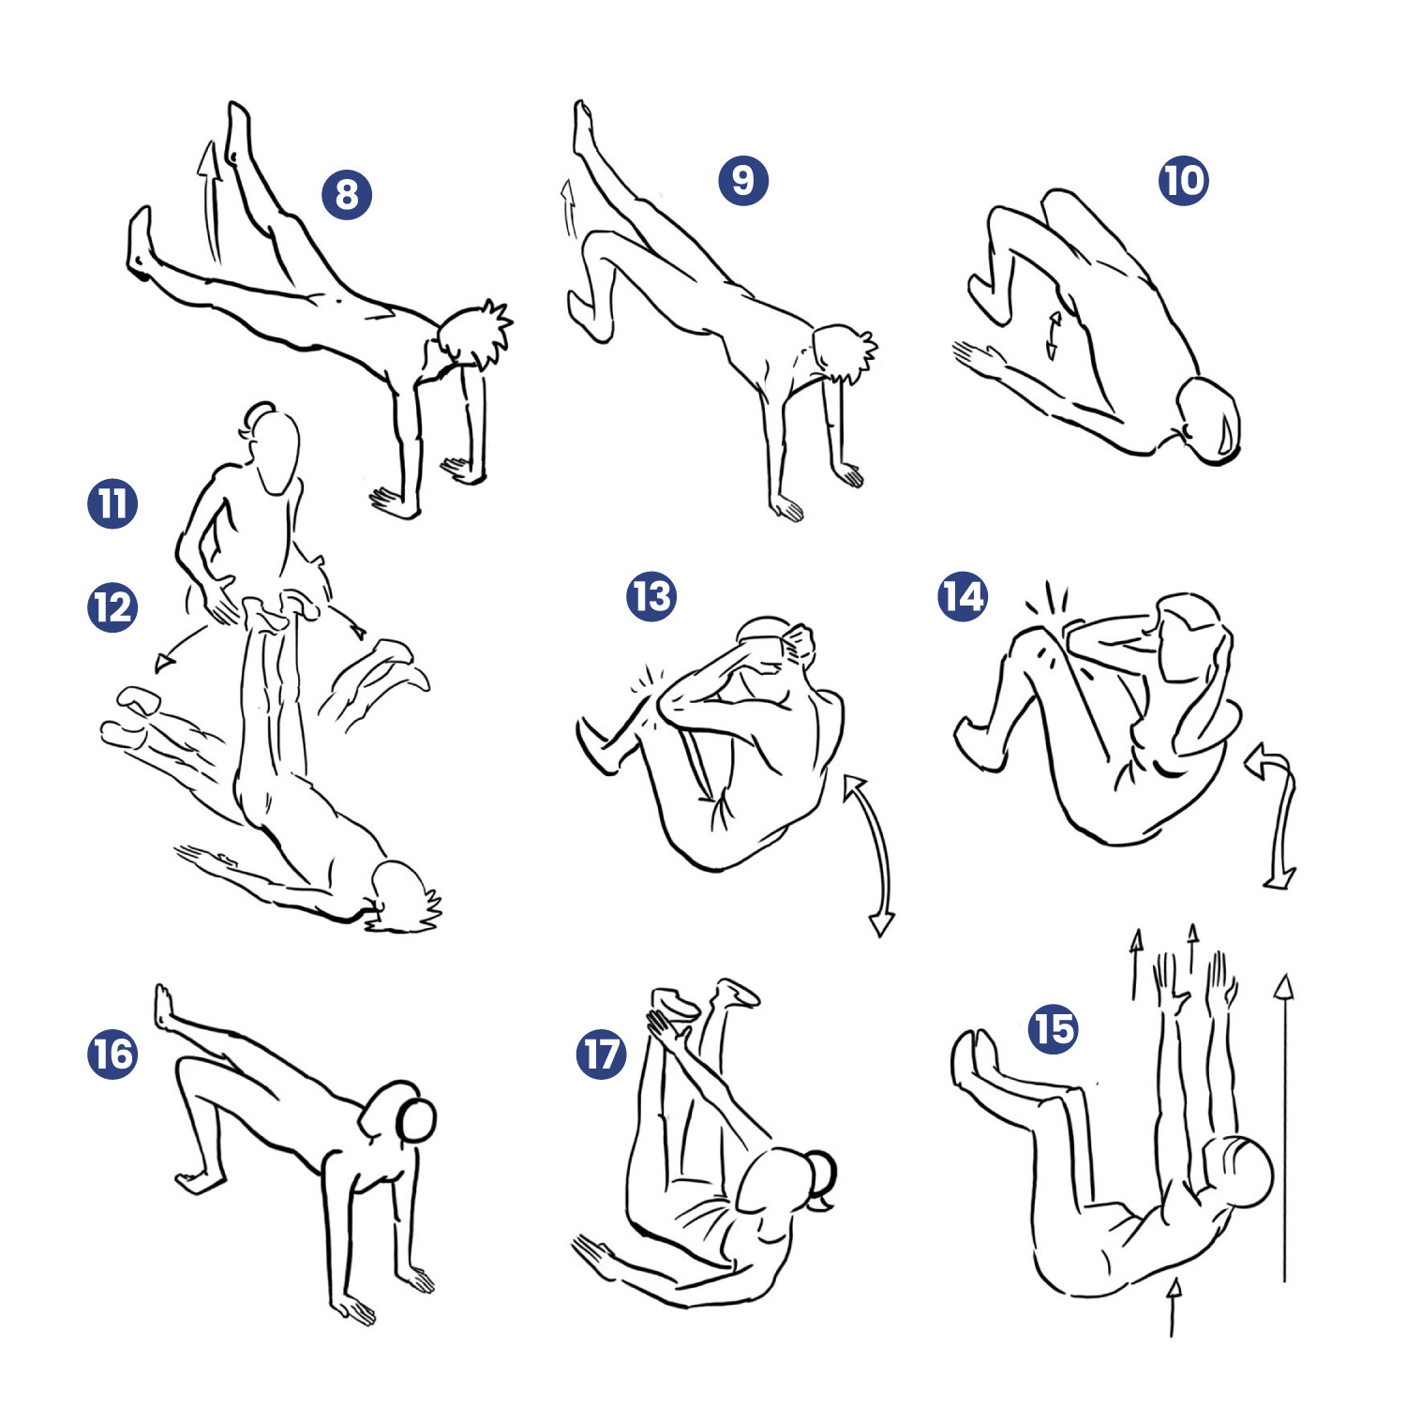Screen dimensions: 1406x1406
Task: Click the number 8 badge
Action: [347, 195]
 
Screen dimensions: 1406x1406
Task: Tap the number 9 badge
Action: [743, 181]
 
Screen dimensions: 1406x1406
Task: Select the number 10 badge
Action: [1184, 181]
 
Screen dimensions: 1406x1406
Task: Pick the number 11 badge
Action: [112, 503]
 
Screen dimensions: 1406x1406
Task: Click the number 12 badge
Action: [112, 607]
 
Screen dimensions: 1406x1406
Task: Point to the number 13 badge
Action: [651, 596]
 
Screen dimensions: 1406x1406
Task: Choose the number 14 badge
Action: [963, 596]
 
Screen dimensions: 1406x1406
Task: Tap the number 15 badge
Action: [1054, 1029]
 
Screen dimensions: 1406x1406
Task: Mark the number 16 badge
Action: [112, 1054]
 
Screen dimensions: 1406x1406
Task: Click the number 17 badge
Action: [601, 1054]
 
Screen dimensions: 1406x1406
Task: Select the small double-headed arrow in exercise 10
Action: [1053, 336]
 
